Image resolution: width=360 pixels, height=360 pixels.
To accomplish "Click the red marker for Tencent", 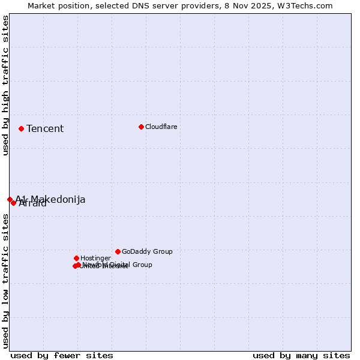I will [21, 128].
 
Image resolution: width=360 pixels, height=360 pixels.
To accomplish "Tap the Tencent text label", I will [45, 128].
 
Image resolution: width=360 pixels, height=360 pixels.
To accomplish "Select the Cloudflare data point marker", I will [141, 127].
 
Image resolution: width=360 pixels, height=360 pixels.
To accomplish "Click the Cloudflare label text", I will [161, 127].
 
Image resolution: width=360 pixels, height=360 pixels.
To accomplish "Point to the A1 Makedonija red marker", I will [10, 199].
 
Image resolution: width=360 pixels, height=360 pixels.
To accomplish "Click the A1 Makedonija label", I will [50, 199].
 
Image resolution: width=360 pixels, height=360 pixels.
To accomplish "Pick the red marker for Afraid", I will [13, 203].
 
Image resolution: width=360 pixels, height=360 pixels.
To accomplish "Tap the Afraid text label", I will [33, 203].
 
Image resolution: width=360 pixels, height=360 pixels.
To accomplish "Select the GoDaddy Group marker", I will [118, 251].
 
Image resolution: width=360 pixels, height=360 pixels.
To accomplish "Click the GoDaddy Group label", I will [147, 251].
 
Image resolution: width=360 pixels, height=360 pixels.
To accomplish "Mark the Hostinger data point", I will [76, 258].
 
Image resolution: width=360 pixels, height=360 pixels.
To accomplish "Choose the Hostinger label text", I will [95, 258].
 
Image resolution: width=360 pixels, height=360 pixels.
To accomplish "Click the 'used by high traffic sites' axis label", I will [5, 85].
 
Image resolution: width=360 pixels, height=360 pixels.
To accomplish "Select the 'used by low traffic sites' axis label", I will [5, 281].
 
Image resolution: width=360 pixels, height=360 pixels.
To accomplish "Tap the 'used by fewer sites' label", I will [62, 355].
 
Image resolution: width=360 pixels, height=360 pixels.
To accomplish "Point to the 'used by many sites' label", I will [301, 355].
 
